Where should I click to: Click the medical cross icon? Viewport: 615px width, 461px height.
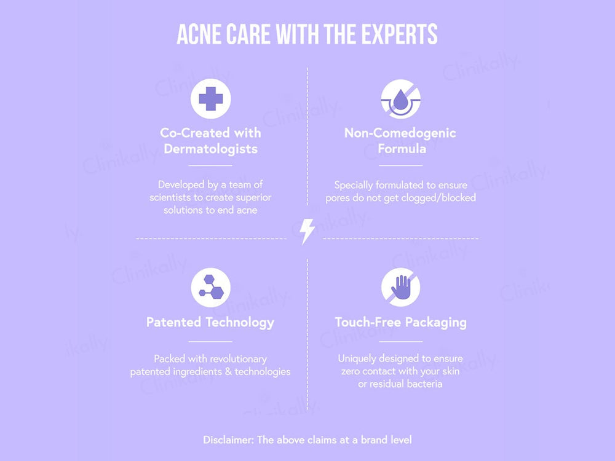tap(210, 98)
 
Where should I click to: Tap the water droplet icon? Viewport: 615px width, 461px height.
tap(400, 98)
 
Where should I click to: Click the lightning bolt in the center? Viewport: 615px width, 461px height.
tap(307, 231)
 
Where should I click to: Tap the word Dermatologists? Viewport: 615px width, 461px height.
tap(210, 149)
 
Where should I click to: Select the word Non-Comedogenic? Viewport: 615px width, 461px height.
tap(400, 133)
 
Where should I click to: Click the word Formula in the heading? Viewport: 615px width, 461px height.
tap(402, 149)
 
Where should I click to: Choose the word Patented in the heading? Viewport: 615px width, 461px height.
tap(173, 322)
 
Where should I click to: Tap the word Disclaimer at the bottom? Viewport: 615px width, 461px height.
tap(228, 440)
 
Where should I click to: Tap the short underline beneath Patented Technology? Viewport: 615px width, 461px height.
tap(210, 341)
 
